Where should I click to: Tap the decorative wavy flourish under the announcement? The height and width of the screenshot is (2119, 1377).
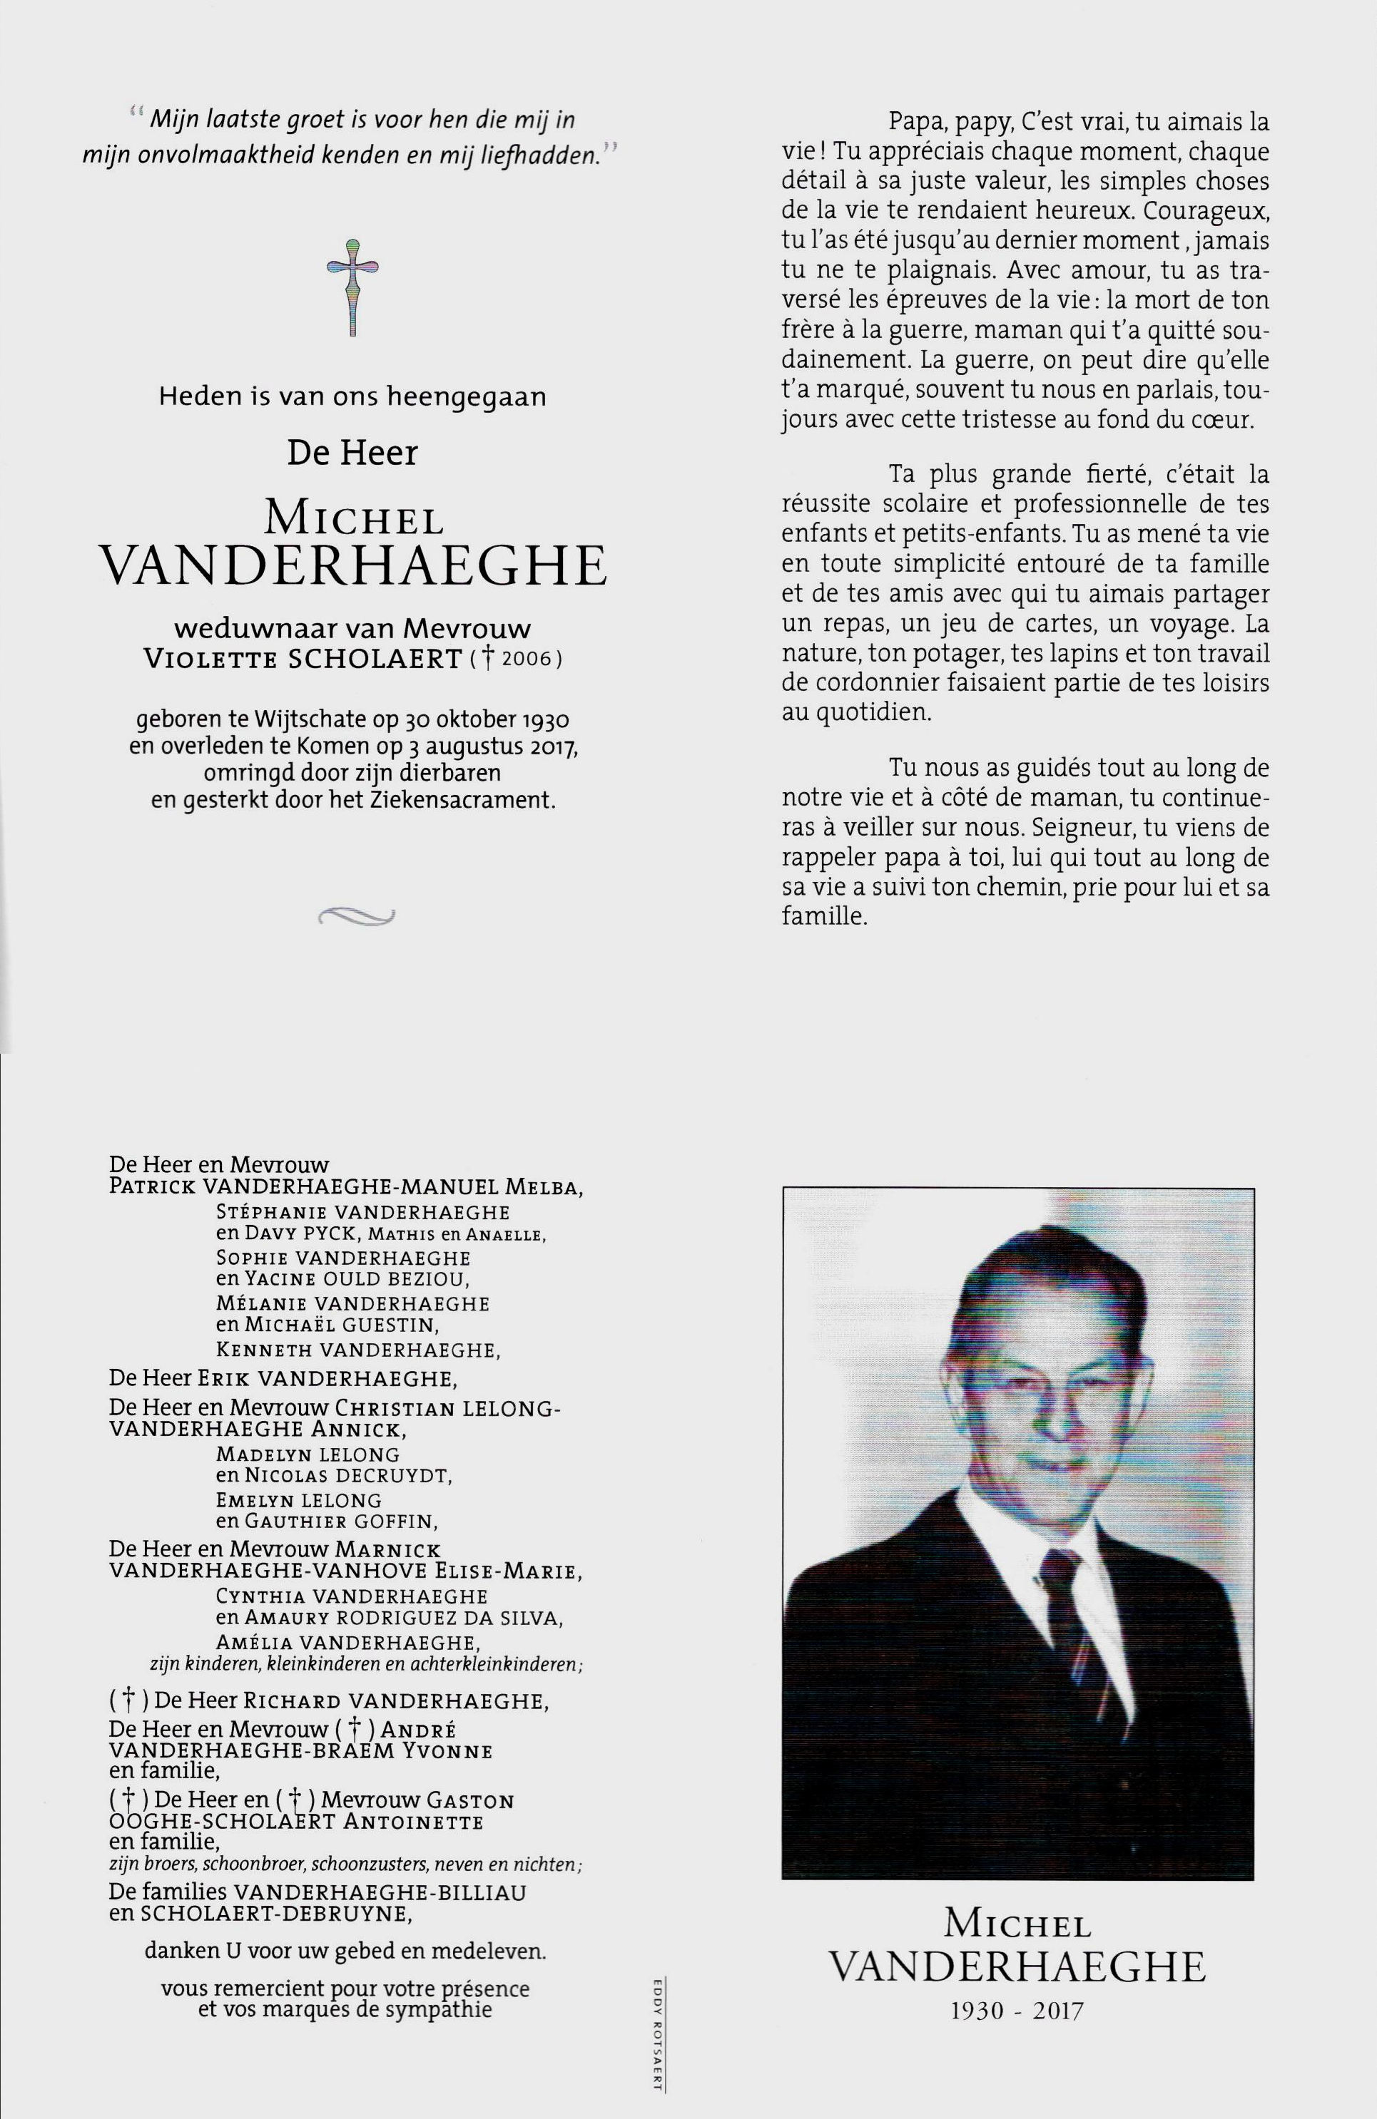pos(355,916)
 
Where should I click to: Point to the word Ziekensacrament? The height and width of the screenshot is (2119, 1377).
pos(474,799)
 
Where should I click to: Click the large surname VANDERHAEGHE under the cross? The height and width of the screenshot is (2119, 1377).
pos(355,566)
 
